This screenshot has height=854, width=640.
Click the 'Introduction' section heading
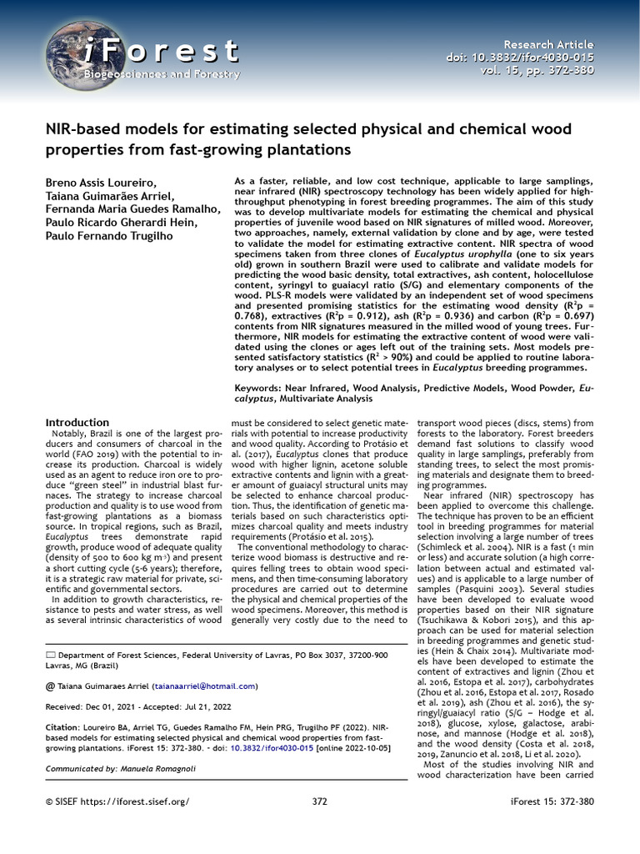pos(77,423)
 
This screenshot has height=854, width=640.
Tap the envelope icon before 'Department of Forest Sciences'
pos(50,656)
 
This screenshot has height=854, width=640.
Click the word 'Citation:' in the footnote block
pos(67,727)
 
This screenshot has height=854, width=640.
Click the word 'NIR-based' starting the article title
pos(78,130)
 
